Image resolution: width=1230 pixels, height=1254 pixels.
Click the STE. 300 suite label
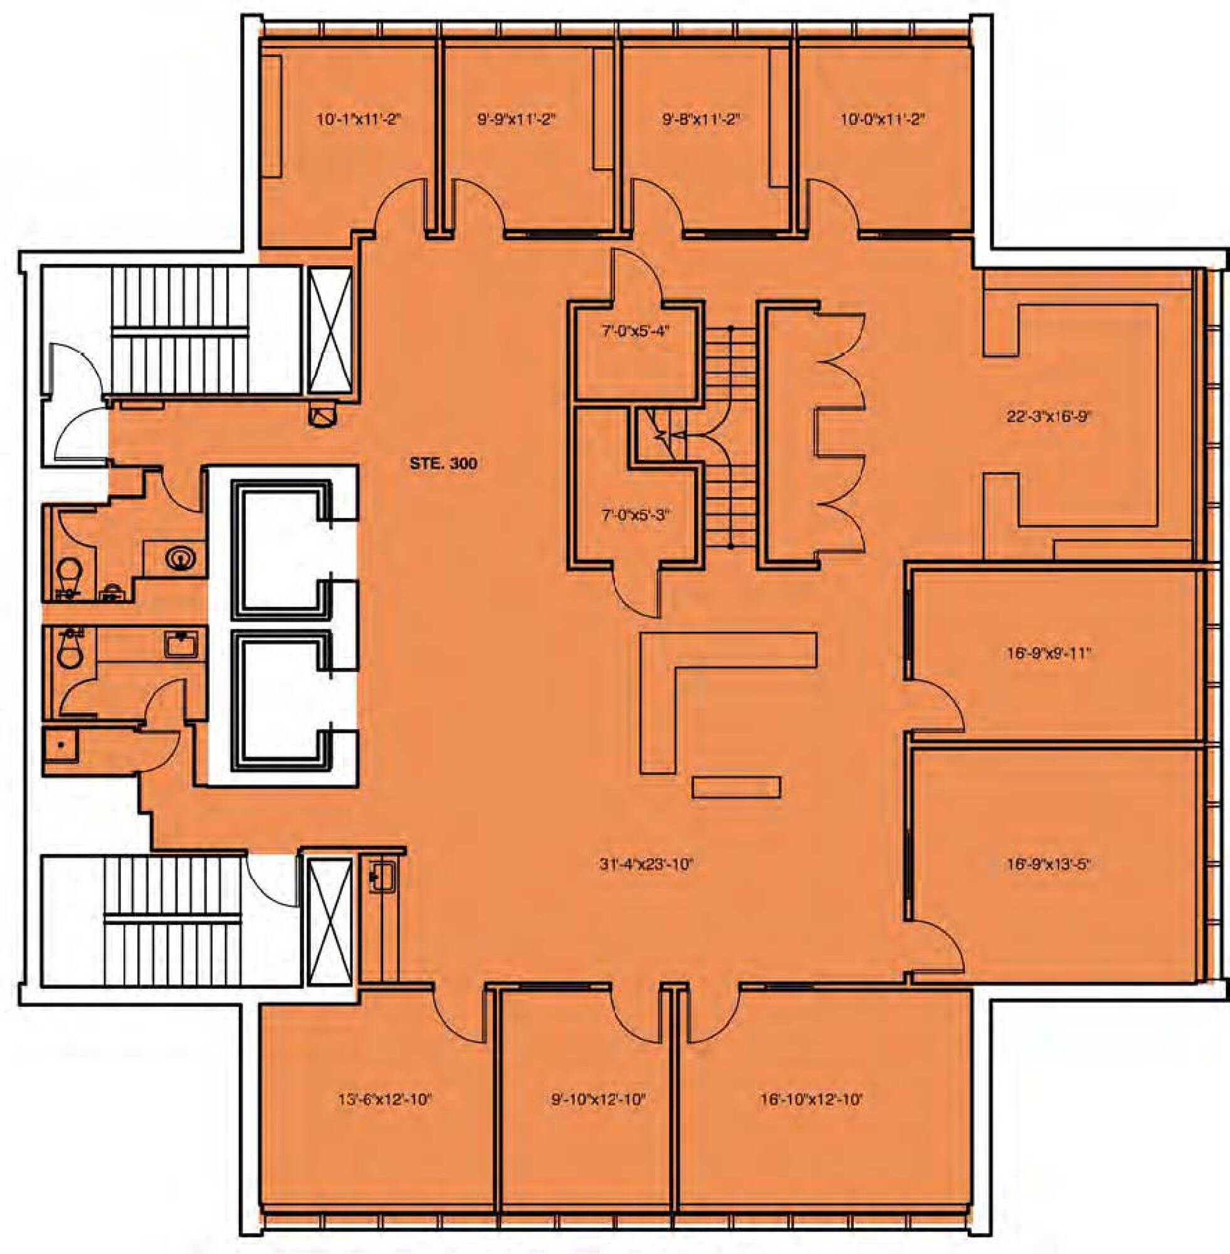tap(444, 463)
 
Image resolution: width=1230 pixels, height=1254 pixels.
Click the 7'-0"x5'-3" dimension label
tap(636, 515)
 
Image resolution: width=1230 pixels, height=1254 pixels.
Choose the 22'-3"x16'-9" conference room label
tap(1048, 417)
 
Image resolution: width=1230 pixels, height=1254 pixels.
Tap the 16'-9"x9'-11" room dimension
tap(1048, 653)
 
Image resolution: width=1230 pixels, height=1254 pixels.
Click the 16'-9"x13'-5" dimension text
tap(1048, 865)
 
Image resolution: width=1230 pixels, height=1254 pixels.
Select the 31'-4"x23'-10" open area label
tap(646, 865)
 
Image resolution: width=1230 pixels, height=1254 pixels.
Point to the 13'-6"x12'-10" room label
tap(384, 1099)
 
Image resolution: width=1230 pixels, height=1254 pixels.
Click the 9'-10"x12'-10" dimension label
tap(598, 1099)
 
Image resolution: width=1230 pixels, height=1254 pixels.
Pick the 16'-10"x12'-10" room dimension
tap(811, 1099)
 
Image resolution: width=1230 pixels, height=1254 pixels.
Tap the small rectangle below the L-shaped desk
tap(737, 787)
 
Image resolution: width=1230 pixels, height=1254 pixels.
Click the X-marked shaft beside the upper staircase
tap(330, 330)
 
